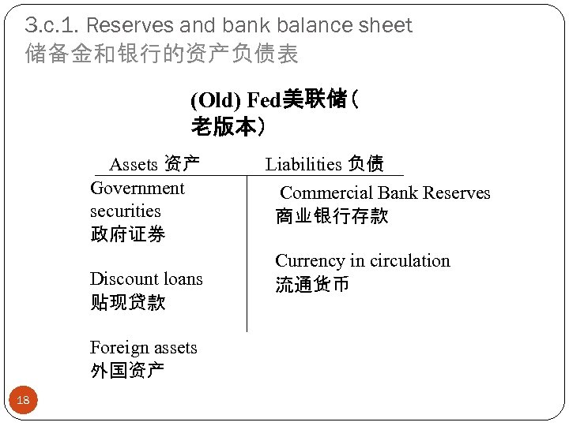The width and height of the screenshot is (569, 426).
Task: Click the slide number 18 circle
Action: pos(23,401)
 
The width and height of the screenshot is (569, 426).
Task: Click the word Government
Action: pos(138,189)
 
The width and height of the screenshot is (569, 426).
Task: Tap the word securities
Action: pos(125,211)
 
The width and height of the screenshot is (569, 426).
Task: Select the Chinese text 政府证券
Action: pos(127,234)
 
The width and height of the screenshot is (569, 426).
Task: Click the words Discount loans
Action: pos(146,279)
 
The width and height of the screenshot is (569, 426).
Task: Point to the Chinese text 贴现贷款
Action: pos(127,302)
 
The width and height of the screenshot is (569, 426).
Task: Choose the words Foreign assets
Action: pos(143,348)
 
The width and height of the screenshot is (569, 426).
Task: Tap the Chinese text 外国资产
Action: pos(127,371)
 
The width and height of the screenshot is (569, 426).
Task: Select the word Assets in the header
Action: pos(134,164)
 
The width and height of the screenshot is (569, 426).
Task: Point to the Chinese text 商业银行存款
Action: pos(332,216)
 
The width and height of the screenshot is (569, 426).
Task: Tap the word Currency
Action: pos(310,261)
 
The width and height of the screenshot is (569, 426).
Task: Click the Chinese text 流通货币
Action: pos(312,284)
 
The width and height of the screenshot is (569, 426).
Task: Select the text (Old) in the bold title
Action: pos(217,101)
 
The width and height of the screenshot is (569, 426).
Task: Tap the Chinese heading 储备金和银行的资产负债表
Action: pos(162,54)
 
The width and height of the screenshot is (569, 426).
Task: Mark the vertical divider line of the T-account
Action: pos(247,252)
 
